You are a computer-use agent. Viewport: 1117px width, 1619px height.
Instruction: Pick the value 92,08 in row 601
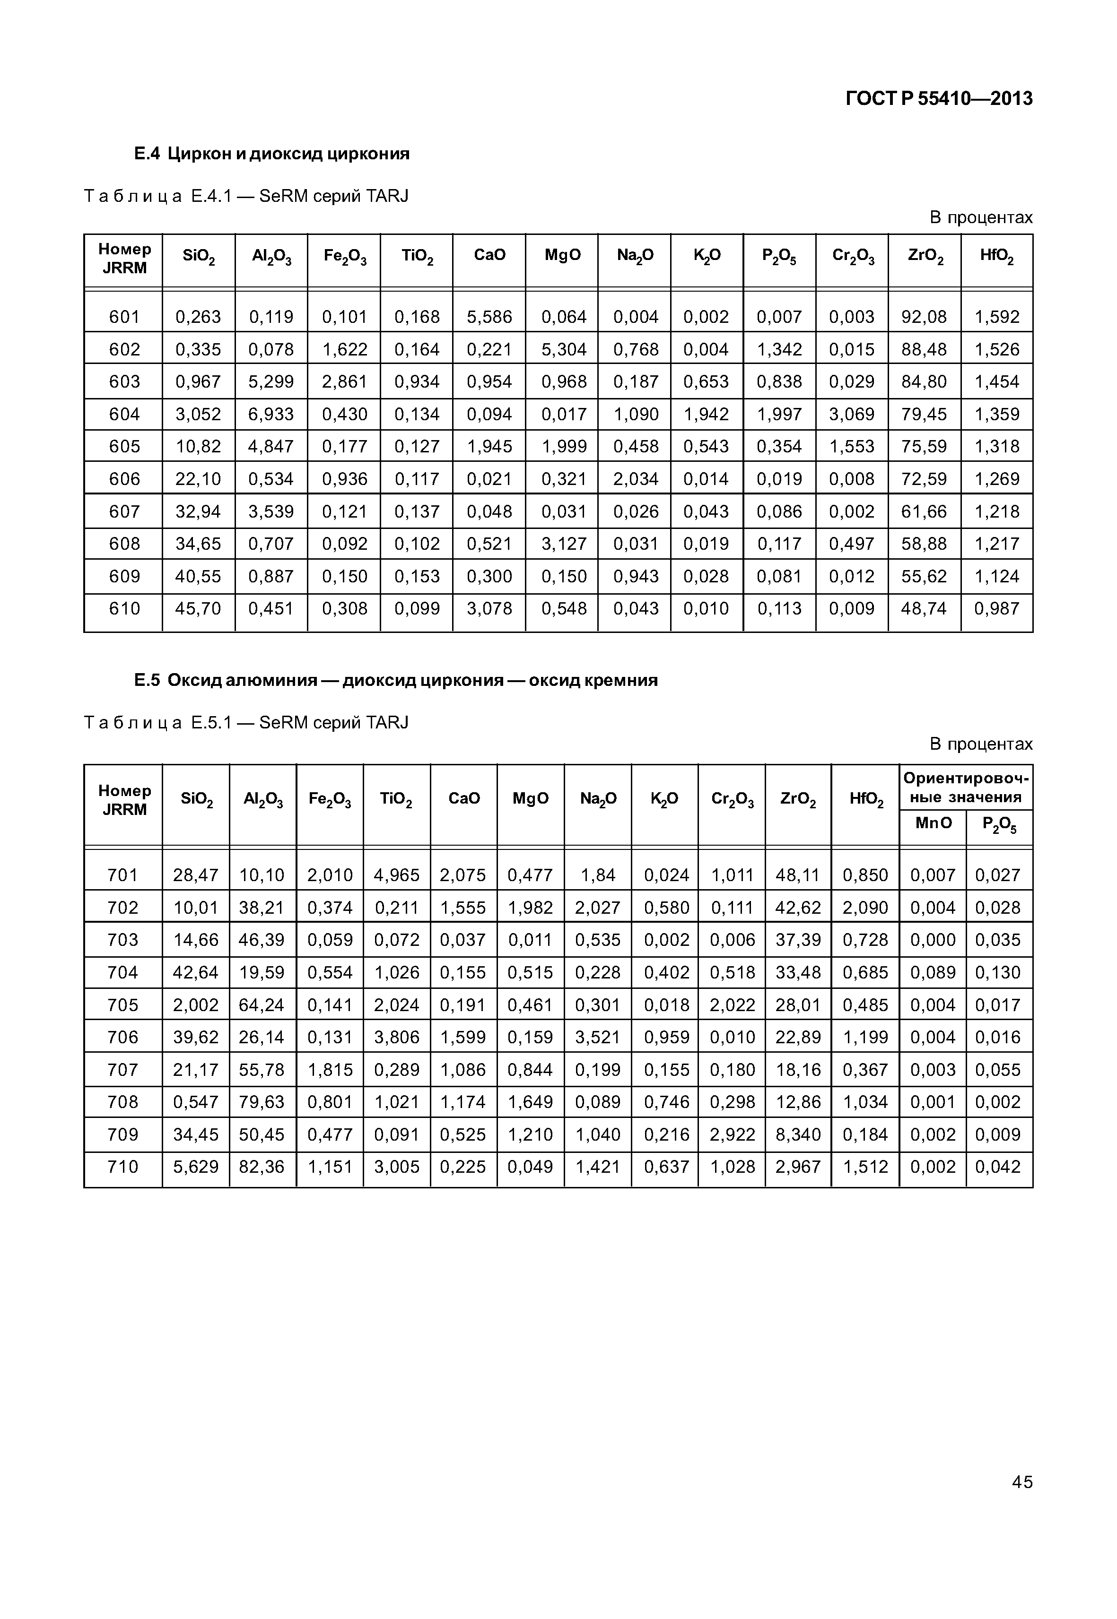[x=924, y=317]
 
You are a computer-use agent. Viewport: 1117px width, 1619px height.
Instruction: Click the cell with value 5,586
[x=489, y=317]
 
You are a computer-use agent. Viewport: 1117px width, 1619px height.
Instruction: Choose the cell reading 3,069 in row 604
[x=852, y=414]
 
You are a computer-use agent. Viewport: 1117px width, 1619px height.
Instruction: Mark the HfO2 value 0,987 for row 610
[x=996, y=609]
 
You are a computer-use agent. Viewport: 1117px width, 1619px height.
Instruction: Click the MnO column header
[x=933, y=823]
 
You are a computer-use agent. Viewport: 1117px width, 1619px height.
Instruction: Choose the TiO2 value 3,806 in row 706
[x=397, y=1037]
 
